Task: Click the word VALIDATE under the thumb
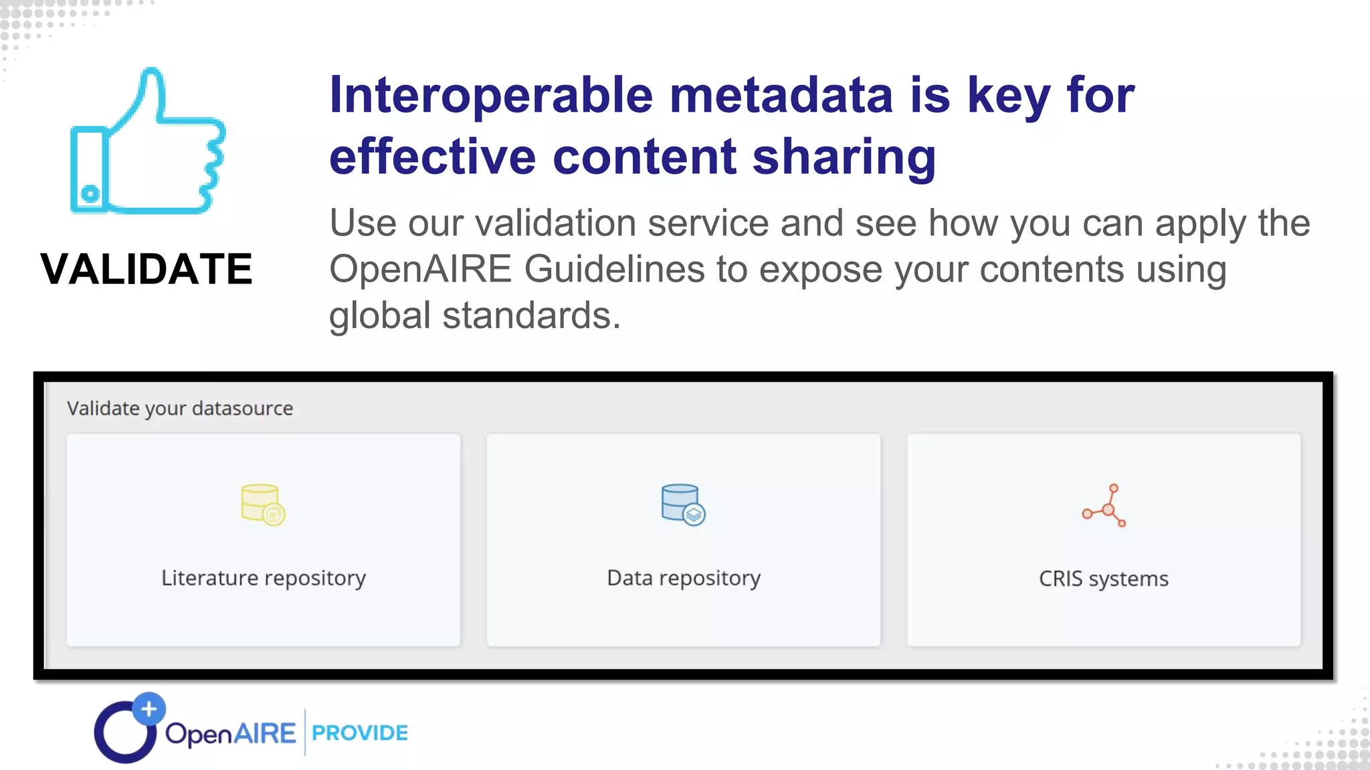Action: [x=146, y=269]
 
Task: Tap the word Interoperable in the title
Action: [x=491, y=95]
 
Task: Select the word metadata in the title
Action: [x=781, y=95]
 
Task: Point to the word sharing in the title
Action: [x=844, y=157]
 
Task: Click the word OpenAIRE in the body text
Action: [x=420, y=269]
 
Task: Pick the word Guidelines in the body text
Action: [x=614, y=269]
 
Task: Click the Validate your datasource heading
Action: [x=180, y=408]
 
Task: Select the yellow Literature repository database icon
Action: [x=263, y=505]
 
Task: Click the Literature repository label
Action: [x=264, y=578]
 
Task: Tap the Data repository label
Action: [x=684, y=578]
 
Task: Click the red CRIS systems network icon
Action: [x=1104, y=506]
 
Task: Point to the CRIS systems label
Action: [x=1104, y=579]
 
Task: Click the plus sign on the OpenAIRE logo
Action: [x=149, y=709]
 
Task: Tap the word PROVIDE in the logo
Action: [x=360, y=733]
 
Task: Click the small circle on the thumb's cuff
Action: [x=90, y=194]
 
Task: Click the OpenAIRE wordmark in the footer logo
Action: [x=230, y=734]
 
